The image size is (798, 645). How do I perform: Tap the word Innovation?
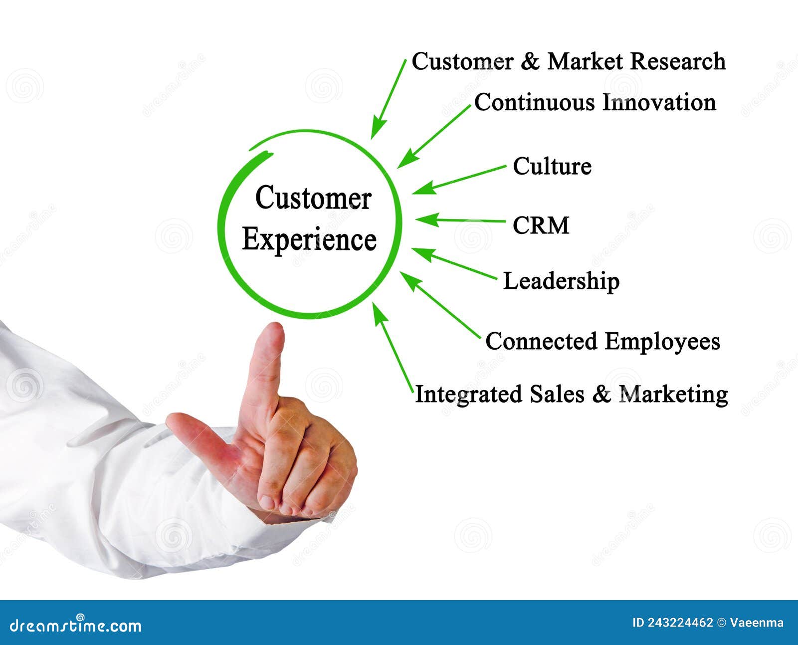659,103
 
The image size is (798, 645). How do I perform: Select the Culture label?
552,166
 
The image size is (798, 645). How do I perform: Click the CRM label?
541,225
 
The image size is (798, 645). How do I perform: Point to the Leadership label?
561,281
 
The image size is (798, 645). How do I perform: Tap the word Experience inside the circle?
309,240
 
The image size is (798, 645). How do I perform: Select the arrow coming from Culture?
459,180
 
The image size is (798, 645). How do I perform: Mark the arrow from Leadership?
454,263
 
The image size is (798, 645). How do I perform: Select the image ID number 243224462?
680,623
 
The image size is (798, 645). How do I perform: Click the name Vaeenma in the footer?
757,623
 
